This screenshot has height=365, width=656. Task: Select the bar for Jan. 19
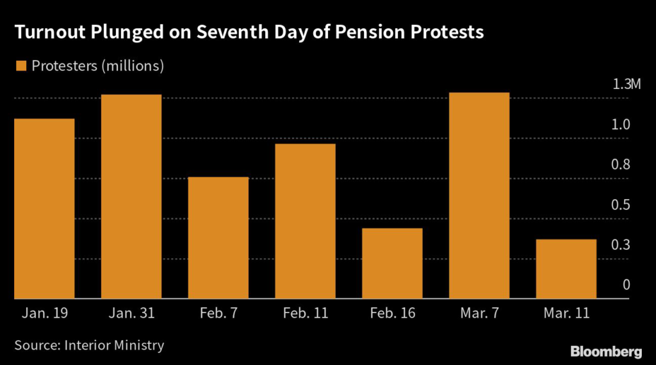(44, 209)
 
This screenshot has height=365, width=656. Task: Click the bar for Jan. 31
(131, 197)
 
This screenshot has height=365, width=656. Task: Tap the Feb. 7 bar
(218, 238)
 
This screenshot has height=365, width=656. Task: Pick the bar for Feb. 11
(306, 221)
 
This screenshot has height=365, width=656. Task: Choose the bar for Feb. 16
(393, 263)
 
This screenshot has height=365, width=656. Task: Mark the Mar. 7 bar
(480, 195)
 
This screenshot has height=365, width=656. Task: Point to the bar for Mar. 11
(567, 269)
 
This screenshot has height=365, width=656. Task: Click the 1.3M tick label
(626, 85)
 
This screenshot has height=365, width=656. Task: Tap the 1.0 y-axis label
(621, 125)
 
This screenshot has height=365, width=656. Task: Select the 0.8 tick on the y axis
(621, 165)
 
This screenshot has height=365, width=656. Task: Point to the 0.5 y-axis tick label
(621, 205)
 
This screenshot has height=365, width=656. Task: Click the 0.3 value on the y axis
(621, 245)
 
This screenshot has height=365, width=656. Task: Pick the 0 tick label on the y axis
(627, 286)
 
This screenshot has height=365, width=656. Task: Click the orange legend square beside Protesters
(20, 65)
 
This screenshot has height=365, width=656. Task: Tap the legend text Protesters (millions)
(98, 65)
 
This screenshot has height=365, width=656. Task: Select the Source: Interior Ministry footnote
(89, 345)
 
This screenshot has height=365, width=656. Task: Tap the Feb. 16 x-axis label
(393, 314)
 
